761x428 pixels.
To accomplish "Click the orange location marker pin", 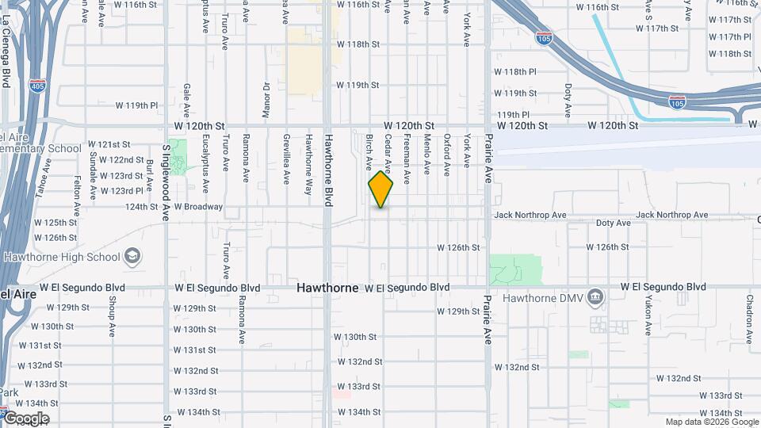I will coord(380,189).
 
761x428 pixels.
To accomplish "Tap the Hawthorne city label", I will coord(327,288).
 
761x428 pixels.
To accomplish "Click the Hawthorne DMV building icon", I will coord(595,298).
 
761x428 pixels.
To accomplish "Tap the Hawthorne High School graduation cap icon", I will coord(133,256).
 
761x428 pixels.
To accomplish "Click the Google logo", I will coord(25,418).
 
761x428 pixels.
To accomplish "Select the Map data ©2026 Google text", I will coord(711,422).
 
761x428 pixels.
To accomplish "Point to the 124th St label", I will coord(142,207).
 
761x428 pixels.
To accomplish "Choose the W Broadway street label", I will coord(199,207).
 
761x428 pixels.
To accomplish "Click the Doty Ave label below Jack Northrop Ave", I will coord(613,224).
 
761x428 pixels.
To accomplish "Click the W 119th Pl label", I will coord(136,105).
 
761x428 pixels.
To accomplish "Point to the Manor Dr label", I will coord(266,97).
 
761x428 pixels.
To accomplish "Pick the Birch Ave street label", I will coord(369,152).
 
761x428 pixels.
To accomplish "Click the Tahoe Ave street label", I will coord(46,176).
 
